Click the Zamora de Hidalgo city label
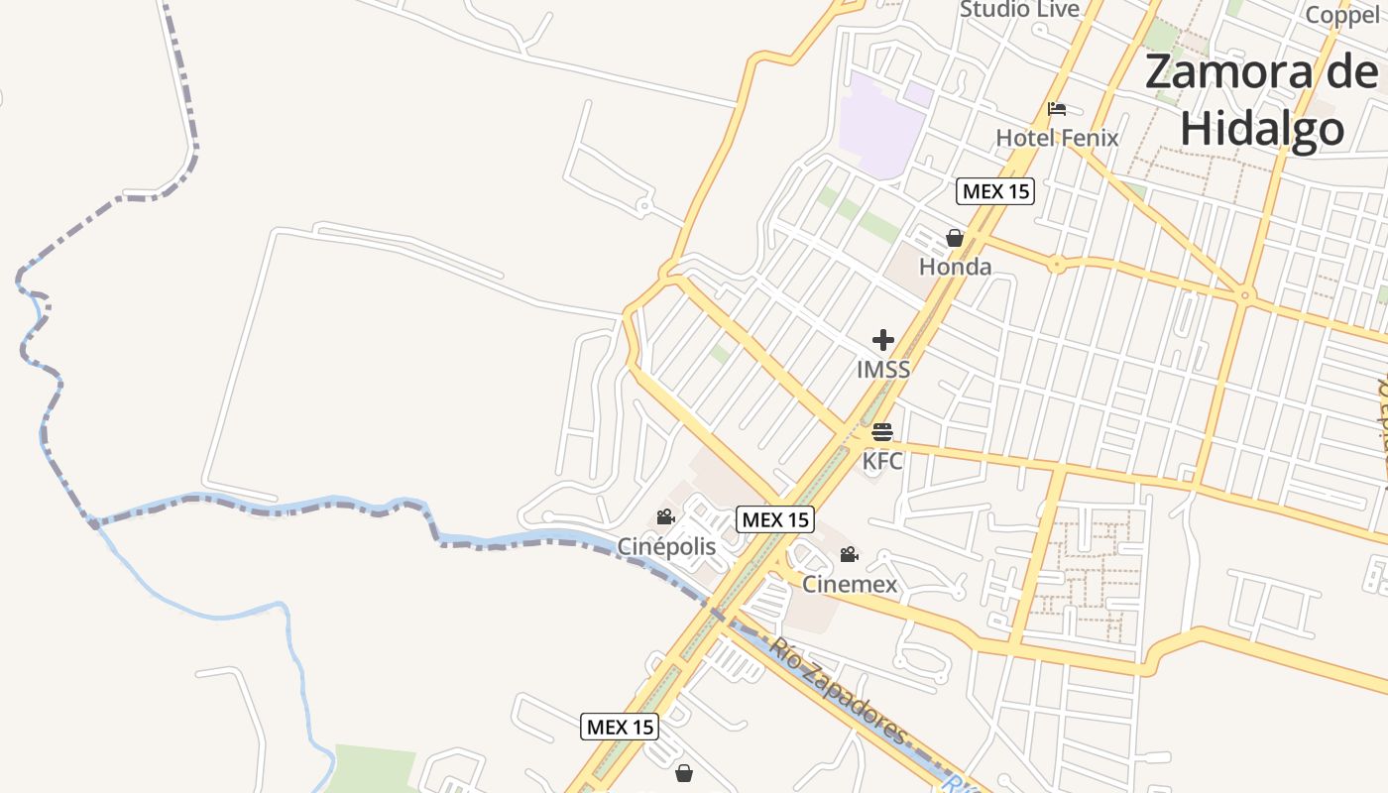pyautogui.click(x=1261, y=101)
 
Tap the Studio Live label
pyautogui.click(x=1019, y=10)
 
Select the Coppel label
pyautogui.click(x=1341, y=14)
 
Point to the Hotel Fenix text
pyautogui.click(x=1057, y=138)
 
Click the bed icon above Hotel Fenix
pyautogui.click(x=1057, y=109)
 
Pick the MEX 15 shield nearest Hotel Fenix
pyautogui.click(x=994, y=191)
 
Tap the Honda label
pyautogui.click(x=955, y=267)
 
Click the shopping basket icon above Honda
pyautogui.click(x=955, y=238)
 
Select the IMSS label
pyautogui.click(x=883, y=370)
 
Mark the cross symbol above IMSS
pyautogui.click(x=883, y=341)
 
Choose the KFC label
pyautogui.click(x=882, y=461)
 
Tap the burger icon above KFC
pyautogui.click(x=882, y=432)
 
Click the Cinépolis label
pyautogui.click(x=666, y=546)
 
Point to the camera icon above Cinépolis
pyautogui.click(x=665, y=517)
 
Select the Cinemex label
pyautogui.click(x=850, y=584)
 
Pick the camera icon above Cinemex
pyautogui.click(x=850, y=555)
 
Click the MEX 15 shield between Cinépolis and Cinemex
pyautogui.click(x=775, y=519)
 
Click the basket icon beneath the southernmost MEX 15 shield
pyautogui.click(x=684, y=773)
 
